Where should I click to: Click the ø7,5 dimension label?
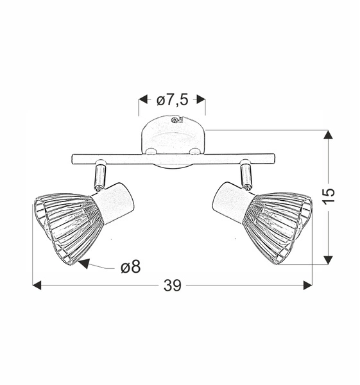172,99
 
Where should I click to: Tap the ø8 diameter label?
130,267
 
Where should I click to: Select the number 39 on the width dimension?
172,286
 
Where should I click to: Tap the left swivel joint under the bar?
99,174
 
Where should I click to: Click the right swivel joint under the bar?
245,174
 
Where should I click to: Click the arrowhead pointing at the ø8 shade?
83,262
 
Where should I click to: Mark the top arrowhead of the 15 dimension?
328,135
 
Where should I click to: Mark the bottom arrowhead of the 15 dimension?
328,259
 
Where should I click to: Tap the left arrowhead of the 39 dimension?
37,285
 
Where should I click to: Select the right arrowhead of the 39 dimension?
307,285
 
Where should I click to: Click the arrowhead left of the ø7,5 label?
144,99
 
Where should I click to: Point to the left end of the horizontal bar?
73,157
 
